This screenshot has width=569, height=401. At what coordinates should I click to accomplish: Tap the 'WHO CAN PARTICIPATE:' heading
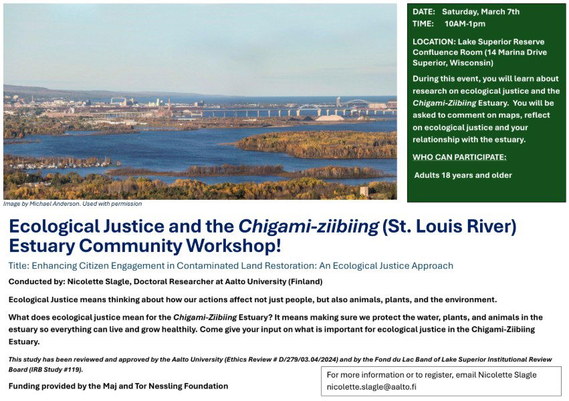coord(459,157)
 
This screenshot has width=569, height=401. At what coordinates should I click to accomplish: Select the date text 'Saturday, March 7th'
coord(480,12)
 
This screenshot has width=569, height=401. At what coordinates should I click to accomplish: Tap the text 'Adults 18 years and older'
coord(463,176)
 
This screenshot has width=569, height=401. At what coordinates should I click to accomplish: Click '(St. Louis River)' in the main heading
coord(449,227)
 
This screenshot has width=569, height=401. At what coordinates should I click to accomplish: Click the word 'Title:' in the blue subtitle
coord(19,265)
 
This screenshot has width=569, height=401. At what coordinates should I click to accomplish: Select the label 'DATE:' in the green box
coord(424,12)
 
